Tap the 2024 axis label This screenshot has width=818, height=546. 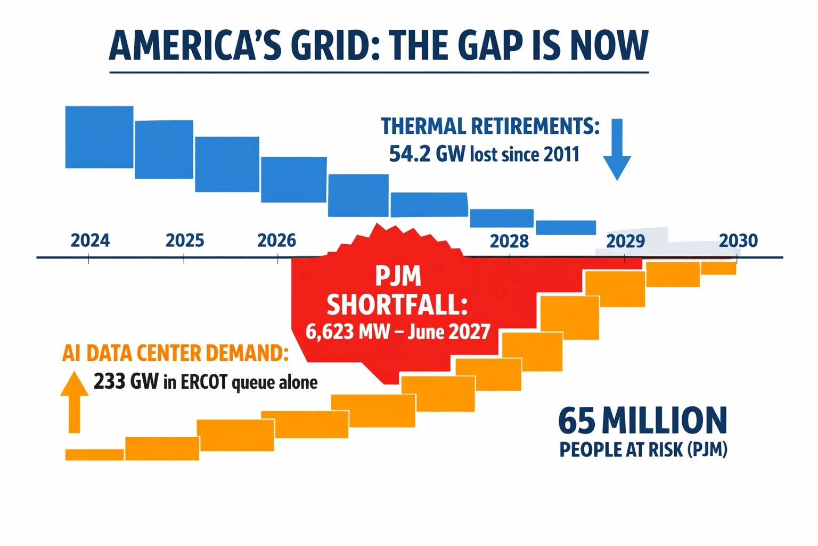(90, 240)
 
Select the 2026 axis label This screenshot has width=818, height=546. (276, 240)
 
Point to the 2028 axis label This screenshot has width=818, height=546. (509, 241)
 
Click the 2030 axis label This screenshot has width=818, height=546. (738, 240)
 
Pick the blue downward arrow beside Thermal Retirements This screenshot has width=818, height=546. (617, 149)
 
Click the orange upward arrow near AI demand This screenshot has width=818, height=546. (74, 402)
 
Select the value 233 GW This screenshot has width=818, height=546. (126, 382)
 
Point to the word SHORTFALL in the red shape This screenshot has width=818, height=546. (397, 306)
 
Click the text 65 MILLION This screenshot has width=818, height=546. (642, 421)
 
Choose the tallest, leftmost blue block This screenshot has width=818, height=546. (99, 137)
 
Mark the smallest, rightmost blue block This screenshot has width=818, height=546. (566, 227)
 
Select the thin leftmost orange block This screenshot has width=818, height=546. (94, 454)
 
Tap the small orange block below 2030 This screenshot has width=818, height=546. (718, 268)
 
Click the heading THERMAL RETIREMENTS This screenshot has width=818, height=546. (490, 126)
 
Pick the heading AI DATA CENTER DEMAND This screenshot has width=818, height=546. (175, 353)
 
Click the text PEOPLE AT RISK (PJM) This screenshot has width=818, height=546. (643, 449)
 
